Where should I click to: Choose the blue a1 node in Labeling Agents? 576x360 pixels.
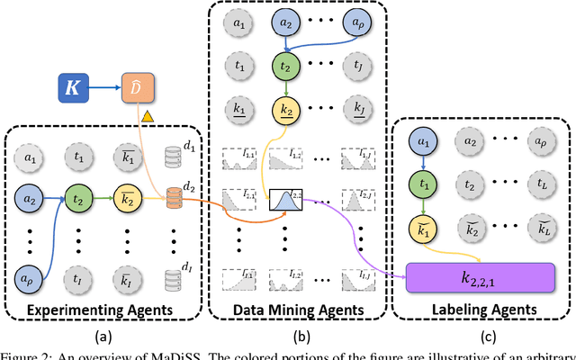[423, 140]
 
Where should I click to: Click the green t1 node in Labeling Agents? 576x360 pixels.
[423, 183]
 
